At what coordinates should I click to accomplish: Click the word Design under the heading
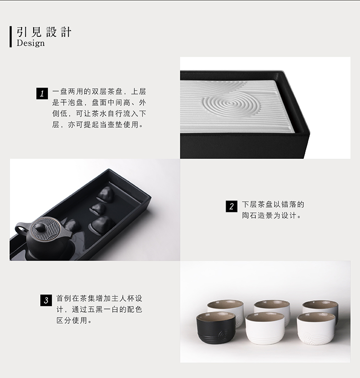pos(31,43)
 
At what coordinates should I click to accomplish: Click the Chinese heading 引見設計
pos(44,32)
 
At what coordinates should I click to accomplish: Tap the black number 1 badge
pos(42,93)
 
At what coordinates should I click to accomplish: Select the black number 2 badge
pos(231,206)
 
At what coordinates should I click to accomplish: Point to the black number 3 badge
pos(46,300)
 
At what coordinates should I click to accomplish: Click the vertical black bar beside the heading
pos(11,36)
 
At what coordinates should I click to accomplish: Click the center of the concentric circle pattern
pos(230,104)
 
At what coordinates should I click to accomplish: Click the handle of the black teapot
pos(21,229)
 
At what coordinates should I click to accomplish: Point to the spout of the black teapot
pos(68,233)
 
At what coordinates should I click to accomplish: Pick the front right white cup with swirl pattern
pos(316,328)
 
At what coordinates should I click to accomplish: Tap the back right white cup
pos(321,309)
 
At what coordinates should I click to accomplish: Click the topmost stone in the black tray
pos(105,194)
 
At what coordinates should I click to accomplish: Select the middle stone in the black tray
pos(98,209)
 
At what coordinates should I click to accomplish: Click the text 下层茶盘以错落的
pos(273,204)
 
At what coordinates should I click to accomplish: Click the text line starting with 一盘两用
pos(99,92)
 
